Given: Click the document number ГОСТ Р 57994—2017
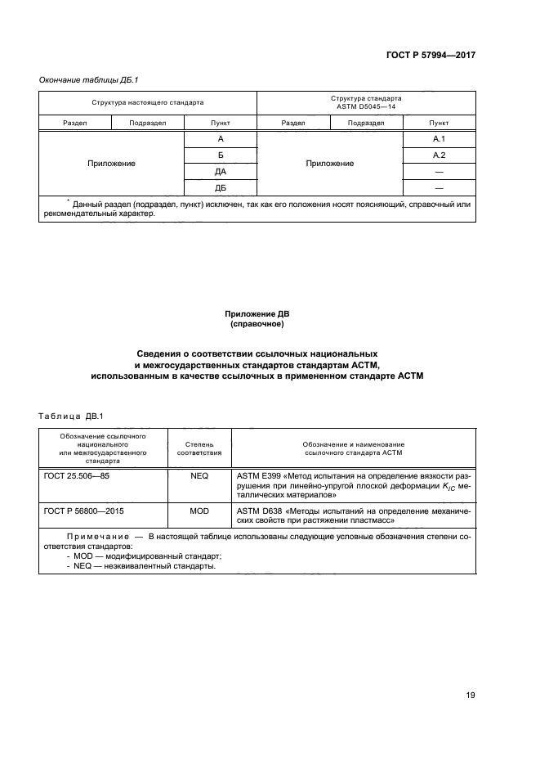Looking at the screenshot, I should (431, 55).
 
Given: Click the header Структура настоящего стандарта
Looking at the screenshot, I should (147, 103).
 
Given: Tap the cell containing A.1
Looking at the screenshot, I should (438, 140).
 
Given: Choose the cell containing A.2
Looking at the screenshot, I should (438, 155).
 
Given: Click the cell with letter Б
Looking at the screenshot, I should (220, 155).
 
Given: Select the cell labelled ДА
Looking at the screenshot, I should (220, 171).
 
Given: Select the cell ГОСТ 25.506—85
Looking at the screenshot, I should (76, 475).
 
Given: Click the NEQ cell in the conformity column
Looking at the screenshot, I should (199, 475).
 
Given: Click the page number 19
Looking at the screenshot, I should (470, 695).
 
